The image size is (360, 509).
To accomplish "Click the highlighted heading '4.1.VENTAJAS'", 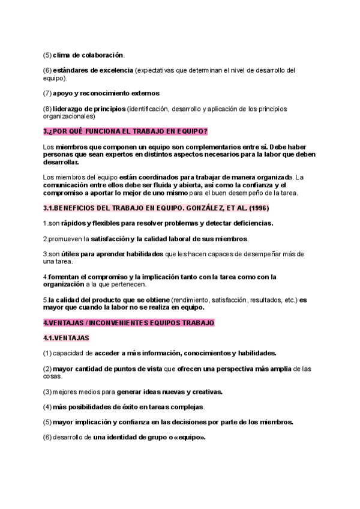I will (x=66, y=338).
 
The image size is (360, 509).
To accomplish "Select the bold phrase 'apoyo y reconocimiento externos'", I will (x=106, y=93).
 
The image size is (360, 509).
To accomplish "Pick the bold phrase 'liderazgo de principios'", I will (x=89, y=109).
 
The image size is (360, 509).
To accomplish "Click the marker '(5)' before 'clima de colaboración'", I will (x=47, y=55).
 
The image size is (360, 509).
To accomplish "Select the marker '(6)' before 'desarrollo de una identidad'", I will (x=47, y=437).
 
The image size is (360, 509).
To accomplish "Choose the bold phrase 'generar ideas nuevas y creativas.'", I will (x=170, y=392).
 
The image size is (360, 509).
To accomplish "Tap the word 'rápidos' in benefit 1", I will (x=74, y=223).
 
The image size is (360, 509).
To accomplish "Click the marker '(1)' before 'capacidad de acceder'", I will (x=47, y=353).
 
